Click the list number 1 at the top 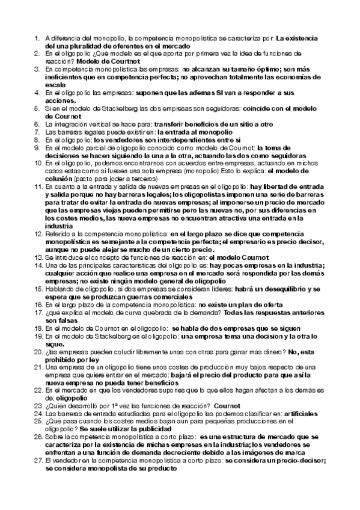coord(37,39)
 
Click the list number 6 coord(37,123)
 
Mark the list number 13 coord(35,257)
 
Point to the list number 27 coord(35,460)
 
